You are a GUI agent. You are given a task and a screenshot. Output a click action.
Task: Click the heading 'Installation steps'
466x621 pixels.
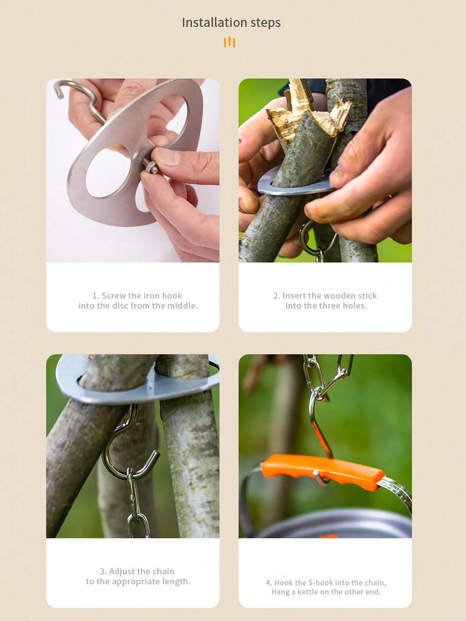coord(231,23)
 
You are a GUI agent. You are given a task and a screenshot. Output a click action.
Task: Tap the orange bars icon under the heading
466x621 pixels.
coord(230,42)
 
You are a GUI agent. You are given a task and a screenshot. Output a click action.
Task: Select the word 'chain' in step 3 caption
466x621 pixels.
coord(163,571)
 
